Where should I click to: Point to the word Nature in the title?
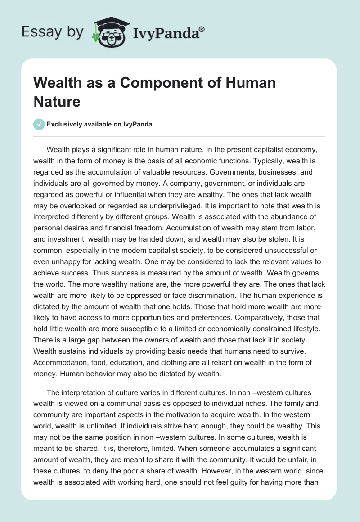[x=57, y=101]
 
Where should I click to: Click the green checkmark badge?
[x=39, y=124]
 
